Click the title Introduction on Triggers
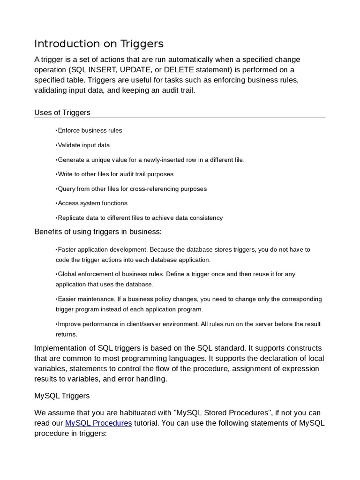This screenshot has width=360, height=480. point(99,44)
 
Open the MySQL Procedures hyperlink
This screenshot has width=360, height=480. point(98,423)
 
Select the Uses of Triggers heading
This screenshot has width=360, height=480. point(62,112)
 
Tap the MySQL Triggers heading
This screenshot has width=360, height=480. point(62,396)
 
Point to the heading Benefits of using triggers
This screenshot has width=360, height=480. point(97,232)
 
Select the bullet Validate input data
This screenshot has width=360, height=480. point(83,145)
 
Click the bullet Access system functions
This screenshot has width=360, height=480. point(91,203)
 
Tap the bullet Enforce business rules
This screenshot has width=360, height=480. point(89,130)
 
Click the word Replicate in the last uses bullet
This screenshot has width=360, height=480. point(70,218)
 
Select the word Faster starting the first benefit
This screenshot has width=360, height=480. point(67,249)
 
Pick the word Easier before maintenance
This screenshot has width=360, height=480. point(67,299)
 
